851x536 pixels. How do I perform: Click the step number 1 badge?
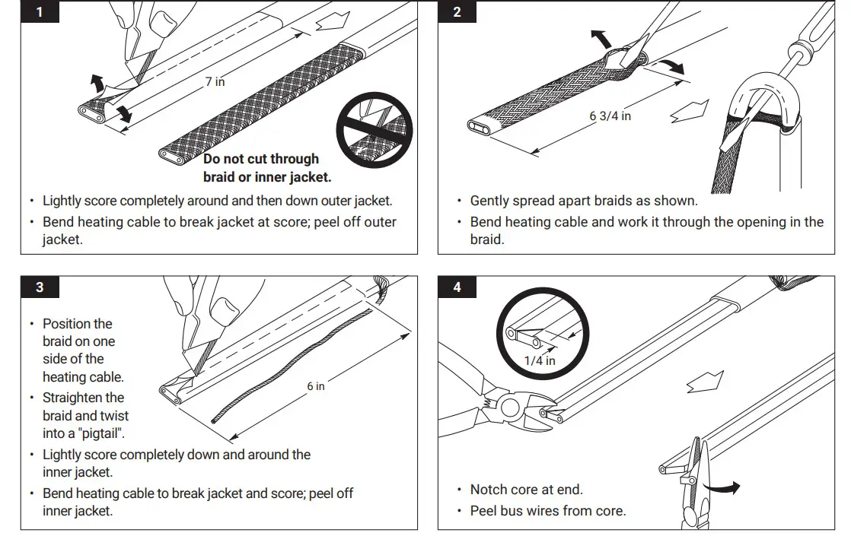pyautogui.click(x=40, y=12)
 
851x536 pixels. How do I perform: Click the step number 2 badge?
pyautogui.click(x=457, y=12)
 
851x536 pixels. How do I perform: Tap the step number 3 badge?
pyautogui.click(x=40, y=287)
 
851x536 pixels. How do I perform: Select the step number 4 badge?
pyautogui.click(x=457, y=287)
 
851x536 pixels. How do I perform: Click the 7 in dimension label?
pyautogui.click(x=215, y=81)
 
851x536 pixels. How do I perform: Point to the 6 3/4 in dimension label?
pyautogui.click(x=610, y=116)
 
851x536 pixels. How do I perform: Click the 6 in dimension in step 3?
pyautogui.click(x=315, y=386)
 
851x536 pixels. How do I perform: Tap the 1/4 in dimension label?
pyautogui.click(x=540, y=360)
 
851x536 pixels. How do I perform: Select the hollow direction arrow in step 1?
pyautogui.click(x=333, y=22)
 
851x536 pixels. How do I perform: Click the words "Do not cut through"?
pyautogui.click(x=261, y=159)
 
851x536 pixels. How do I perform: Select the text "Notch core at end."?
pyautogui.click(x=527, y=490)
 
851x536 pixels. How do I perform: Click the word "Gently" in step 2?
pyautogui.click(x=489, y=201)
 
